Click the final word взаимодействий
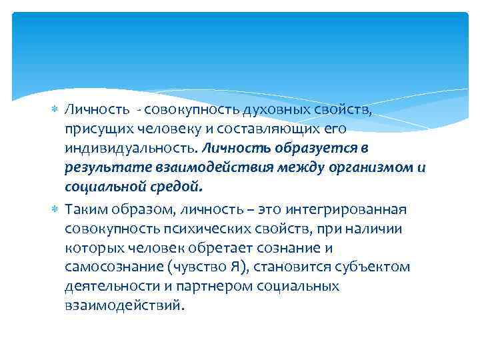pos(123,306)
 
